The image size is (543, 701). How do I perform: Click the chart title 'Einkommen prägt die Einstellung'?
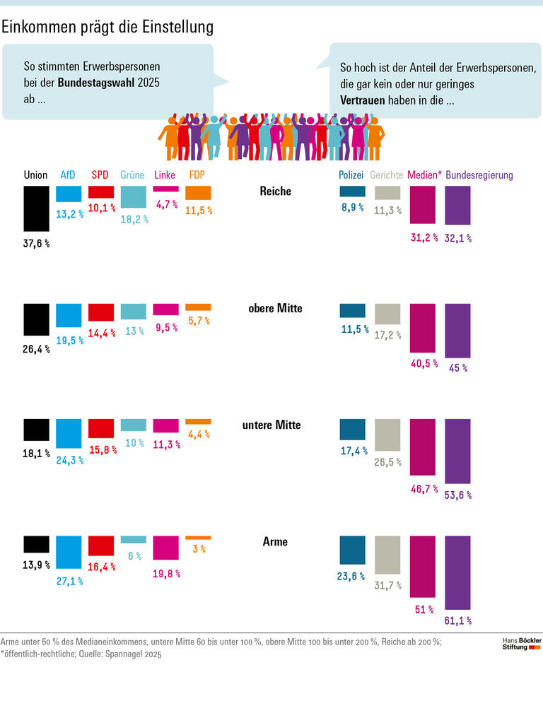point(107,27)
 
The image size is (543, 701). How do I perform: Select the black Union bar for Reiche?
point(36,208)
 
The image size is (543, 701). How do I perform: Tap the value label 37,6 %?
point(37,243)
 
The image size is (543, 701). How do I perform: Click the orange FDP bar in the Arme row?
point(198,538)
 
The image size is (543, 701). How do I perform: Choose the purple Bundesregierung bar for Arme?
point(457,572)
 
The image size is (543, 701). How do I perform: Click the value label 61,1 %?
point(458,620)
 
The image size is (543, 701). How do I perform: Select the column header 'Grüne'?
point(133,175)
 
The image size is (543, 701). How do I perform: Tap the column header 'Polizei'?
point(351,175)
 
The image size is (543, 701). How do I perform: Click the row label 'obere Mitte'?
point(275,309)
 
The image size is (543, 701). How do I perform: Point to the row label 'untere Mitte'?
point(275,425)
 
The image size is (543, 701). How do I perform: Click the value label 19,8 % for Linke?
point(166,574)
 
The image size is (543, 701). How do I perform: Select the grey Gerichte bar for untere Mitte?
point(387,435)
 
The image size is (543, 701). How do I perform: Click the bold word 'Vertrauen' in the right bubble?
point(363,100)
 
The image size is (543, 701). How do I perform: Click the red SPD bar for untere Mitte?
point(101,428)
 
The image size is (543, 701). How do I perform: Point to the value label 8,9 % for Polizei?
point(352,208)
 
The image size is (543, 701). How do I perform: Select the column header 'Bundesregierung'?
point(479,175)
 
